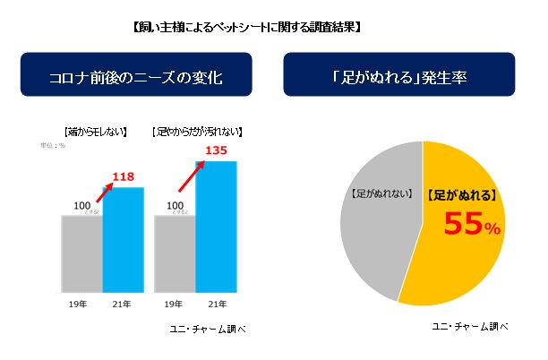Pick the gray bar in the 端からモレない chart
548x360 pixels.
[81, 253]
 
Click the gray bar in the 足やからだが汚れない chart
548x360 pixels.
[176, 253]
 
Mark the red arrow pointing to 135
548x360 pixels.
[189, 174]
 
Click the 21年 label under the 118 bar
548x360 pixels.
[123, 305]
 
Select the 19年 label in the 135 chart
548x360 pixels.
[176, 305]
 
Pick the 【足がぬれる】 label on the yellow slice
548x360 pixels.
[461, 193]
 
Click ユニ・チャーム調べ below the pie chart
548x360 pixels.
[467, 327]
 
